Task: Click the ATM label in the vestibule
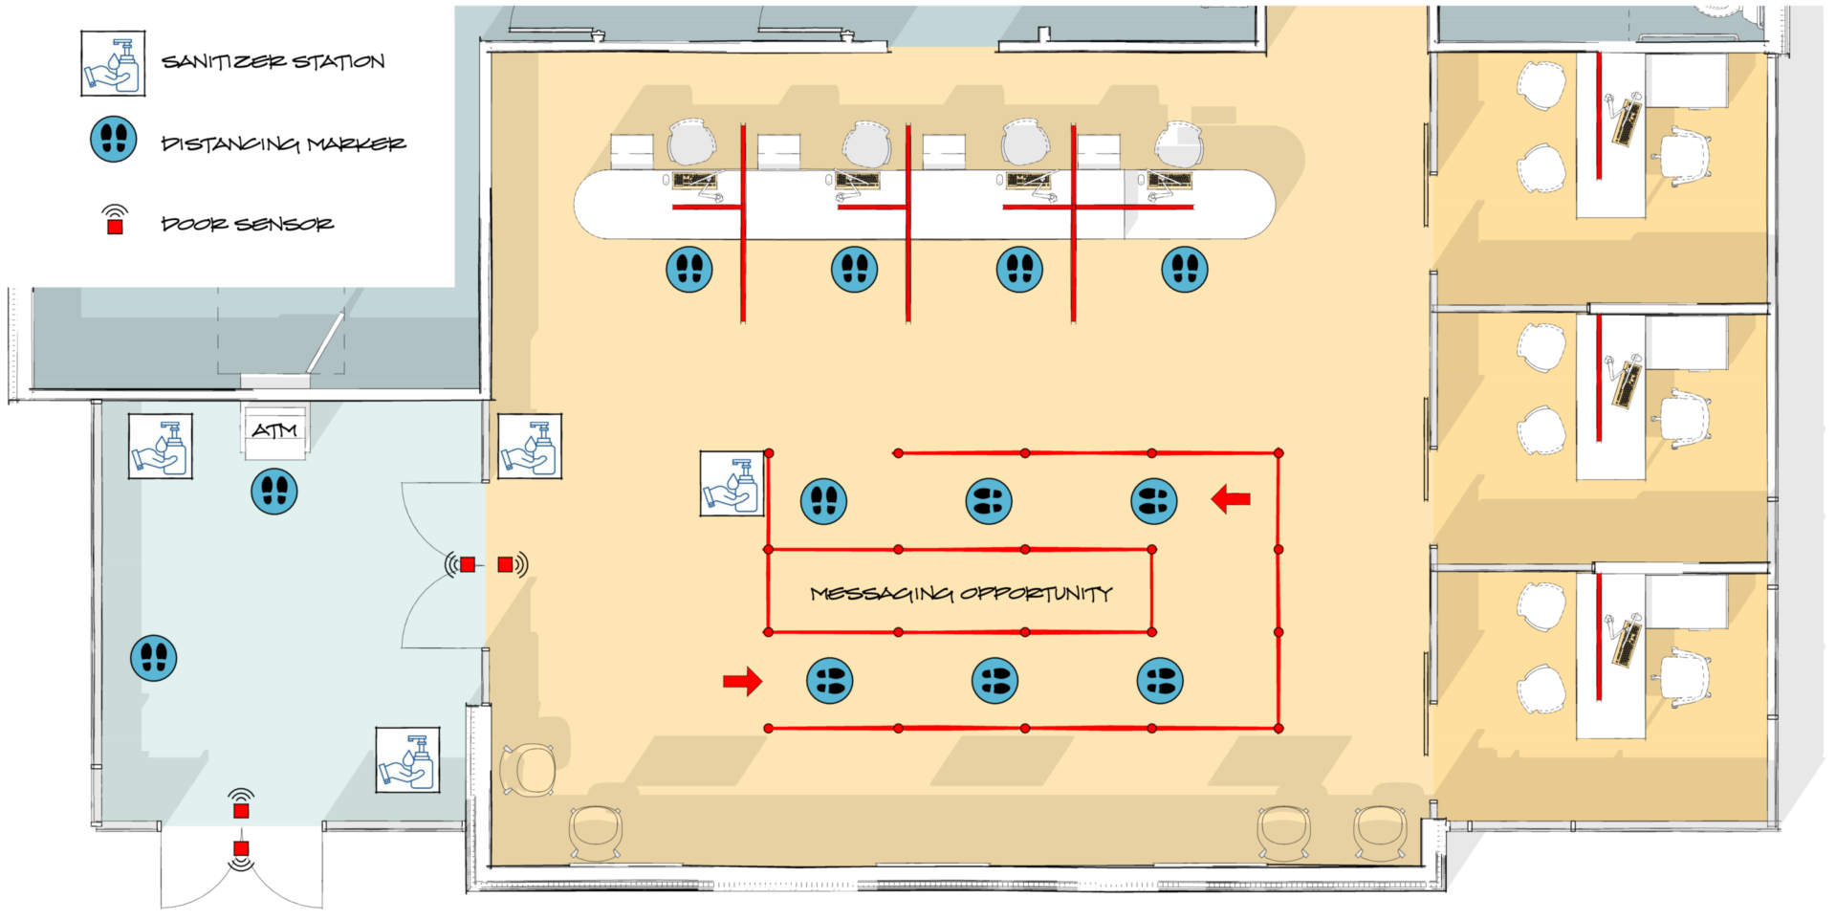coord(274,431)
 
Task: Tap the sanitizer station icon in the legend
coord(113,63)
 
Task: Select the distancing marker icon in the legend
coord(113,140)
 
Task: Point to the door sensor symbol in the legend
coord(115,220)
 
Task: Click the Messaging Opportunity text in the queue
coord(961,594)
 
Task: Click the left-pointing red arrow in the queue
coord(1231,498)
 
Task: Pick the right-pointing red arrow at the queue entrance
coord(742,681)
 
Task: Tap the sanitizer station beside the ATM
coord(161,447)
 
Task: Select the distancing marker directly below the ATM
coord(274,492)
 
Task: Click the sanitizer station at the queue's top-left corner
coord(732,484)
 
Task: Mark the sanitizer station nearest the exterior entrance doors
coord(407,760)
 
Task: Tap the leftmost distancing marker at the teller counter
coord(689,269)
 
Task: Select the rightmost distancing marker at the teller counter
coord(1185,269)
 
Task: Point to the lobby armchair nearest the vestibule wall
coord(527,770)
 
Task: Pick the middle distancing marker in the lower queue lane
coord(994,681)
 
